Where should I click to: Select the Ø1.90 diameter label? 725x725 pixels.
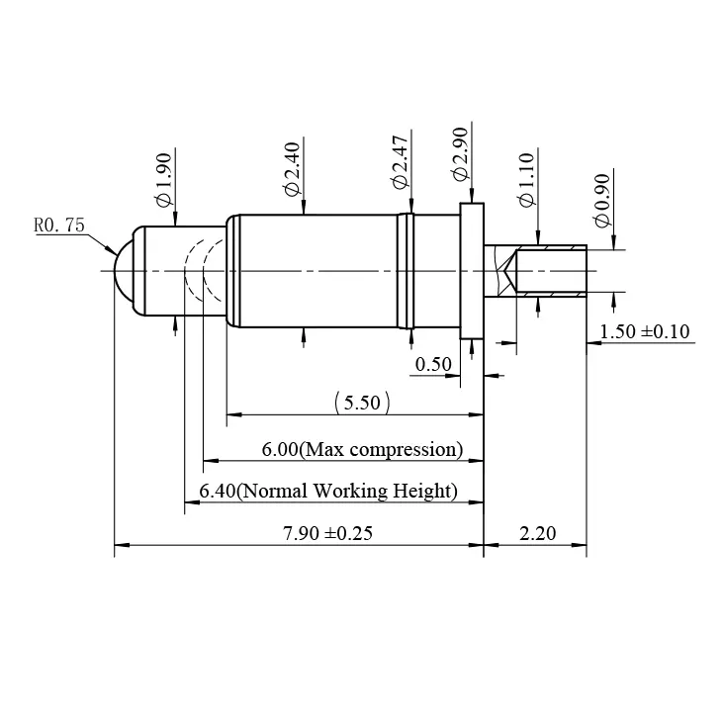click(164, 178)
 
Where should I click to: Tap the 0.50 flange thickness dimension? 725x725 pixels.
click(433, 364)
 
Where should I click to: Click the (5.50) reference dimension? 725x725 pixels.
click(362, 403)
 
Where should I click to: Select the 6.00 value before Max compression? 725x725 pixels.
click(279, 450)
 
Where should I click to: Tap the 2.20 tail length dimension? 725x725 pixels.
click(537, 534)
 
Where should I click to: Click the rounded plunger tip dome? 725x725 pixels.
click(124, 270)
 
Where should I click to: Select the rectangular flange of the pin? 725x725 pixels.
click(472, 270)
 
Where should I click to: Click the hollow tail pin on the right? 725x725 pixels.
click(554, 270)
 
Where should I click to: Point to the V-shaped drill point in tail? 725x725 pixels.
click(508, 270)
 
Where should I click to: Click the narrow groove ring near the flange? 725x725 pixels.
click(404, 270)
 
